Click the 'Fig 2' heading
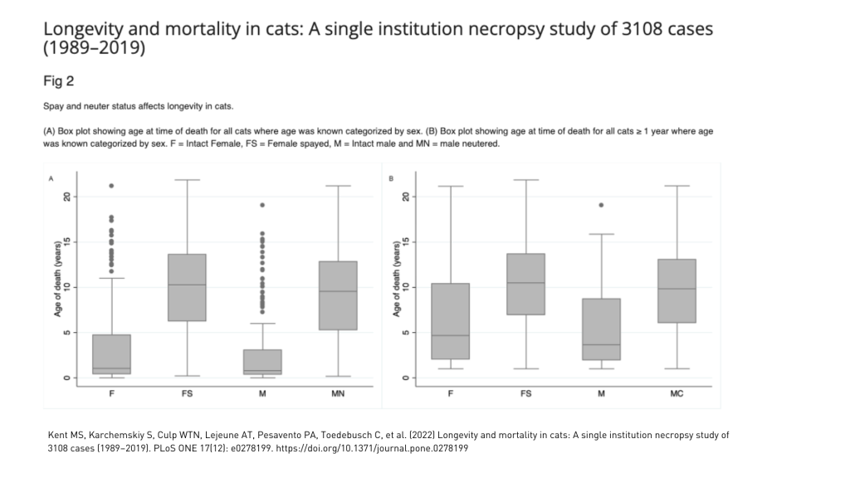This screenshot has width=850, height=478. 59,81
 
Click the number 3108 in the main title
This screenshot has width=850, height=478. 651,28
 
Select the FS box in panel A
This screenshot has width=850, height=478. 187,287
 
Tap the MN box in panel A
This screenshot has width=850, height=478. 338,295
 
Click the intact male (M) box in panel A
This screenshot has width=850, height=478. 262,362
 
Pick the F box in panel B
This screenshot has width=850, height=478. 451,321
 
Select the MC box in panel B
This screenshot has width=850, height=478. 677,290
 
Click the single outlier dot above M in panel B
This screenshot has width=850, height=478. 602,205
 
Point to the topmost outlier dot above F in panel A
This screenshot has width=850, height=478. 111,186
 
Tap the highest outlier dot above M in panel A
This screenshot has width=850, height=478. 262,205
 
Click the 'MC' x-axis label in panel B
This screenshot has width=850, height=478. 677,393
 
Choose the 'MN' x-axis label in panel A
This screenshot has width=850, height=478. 338,393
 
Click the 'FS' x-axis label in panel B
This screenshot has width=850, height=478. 526,393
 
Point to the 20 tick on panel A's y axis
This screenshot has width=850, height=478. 68,197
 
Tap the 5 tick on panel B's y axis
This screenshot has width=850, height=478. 407,333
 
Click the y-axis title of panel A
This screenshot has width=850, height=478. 57,279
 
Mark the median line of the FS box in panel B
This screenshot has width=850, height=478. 526,283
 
